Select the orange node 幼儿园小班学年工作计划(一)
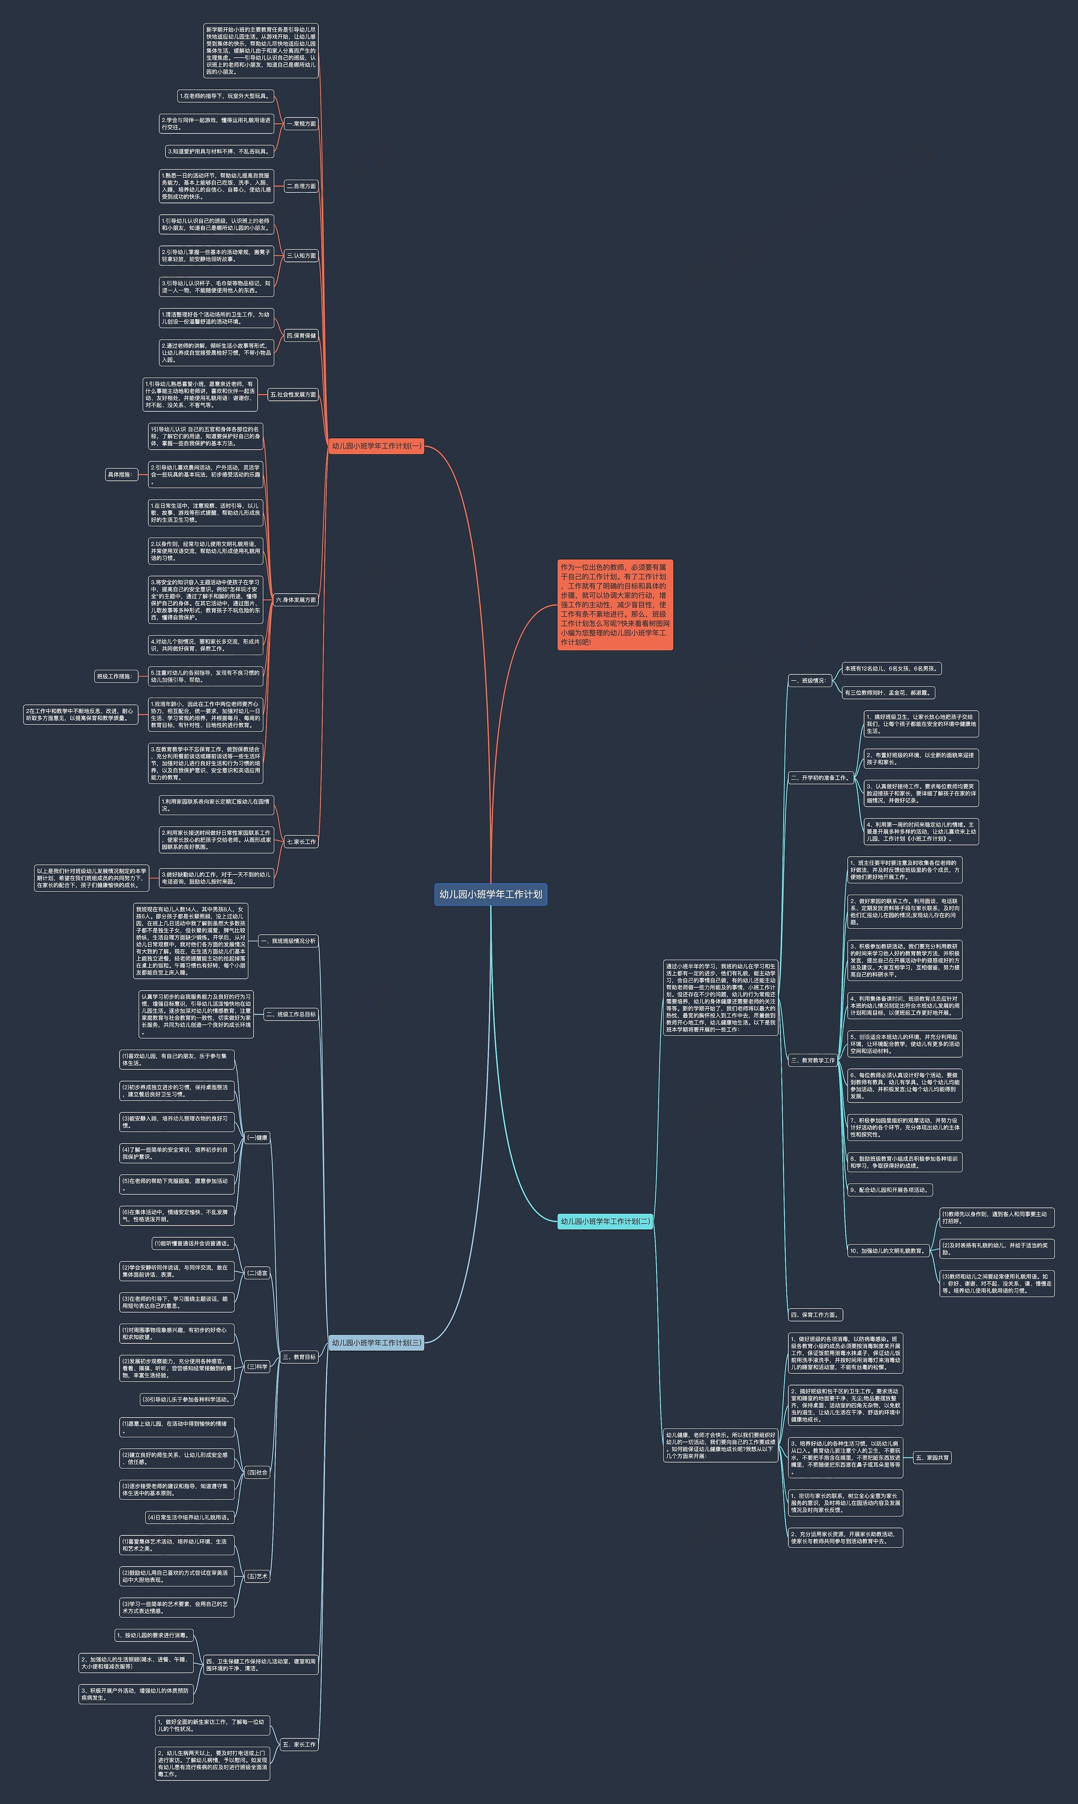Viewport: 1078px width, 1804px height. pyautogui.click(x=376, y=446)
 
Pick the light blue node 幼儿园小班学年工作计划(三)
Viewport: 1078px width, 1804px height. pyautogui.click(x=376, y=1342)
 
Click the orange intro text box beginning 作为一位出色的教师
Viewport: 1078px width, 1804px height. pyautogui.click(x=614, y=604)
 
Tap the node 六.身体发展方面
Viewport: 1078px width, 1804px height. pyautogui.click(x=296, y=600)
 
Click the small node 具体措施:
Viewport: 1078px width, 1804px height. pyautogui.click(x=120, y=474)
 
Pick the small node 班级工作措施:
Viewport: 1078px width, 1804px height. pyautogui.click(x=115, y=676)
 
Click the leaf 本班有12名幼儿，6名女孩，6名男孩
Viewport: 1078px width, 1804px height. pyautogui.click(x=891, y=668)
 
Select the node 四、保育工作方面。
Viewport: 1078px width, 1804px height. pyautogui.click(x=815, y=1314)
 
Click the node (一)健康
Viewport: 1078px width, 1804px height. pyautogui.click(x=257, y=1137)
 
